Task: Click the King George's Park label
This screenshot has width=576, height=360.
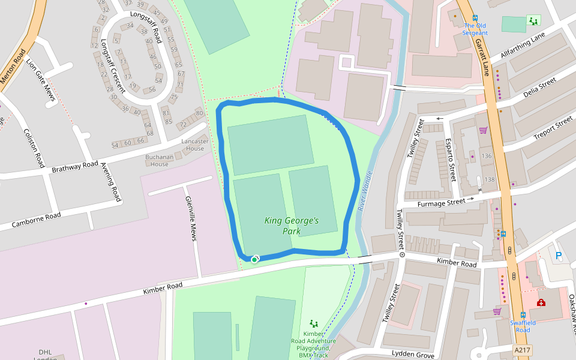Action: (292, 226)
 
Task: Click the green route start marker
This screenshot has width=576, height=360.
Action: (254, 259)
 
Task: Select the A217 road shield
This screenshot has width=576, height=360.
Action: (522, 349)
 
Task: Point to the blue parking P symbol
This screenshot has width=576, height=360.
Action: (559, 256)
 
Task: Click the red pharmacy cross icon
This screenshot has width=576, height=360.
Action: (541, 302)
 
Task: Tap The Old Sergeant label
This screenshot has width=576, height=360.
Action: (475, 29)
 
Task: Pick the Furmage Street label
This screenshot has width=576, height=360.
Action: (442, 202)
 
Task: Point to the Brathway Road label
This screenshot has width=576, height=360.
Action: (74, 167)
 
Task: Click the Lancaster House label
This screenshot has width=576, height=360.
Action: (195, 145)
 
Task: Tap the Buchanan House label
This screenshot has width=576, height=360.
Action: (160, 160)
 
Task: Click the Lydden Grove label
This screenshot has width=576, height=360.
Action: (412, 354)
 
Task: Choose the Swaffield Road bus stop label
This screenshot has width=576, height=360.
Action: (520, 326)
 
